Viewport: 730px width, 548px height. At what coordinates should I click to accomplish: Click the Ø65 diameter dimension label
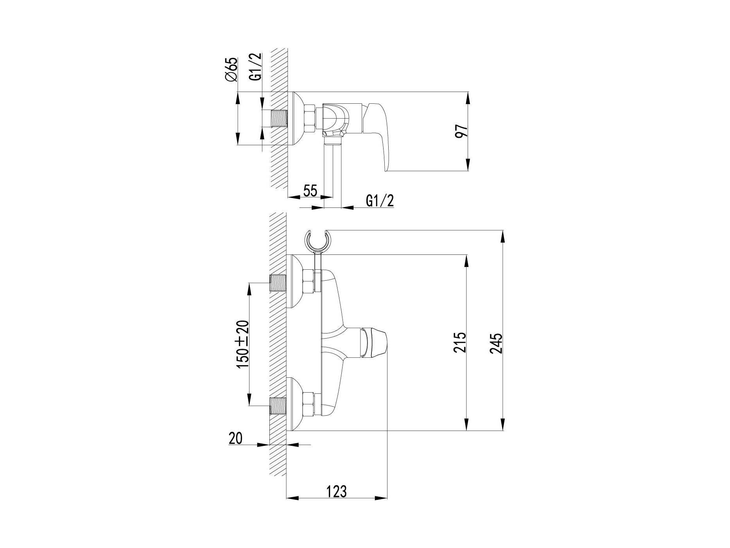click(x=231, y=70)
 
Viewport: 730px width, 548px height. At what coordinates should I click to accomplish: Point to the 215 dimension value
click(x=461, y=342)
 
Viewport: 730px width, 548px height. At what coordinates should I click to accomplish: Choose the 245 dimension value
click(x=496, y=343)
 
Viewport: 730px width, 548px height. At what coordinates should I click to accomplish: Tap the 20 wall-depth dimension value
click(x=235, y=438)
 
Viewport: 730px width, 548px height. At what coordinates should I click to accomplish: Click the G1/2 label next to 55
click(x=380, y=201)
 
